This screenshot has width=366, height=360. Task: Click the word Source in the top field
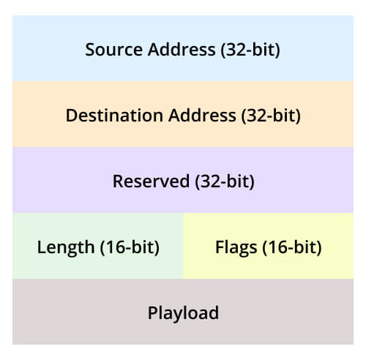[x=113, y=50]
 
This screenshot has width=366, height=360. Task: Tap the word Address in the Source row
[x=182, y=49]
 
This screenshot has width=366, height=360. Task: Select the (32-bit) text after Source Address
[x=250, y=50]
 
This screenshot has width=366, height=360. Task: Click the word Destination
[x=114, y=116]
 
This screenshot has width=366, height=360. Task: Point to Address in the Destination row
[x=202, y=115]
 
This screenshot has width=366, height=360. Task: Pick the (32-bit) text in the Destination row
[x=271, y=116]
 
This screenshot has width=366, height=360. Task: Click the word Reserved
[x=151, y=181]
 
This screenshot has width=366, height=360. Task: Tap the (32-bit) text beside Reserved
[x=225, y=181]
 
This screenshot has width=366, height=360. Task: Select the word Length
[x=66, y=248]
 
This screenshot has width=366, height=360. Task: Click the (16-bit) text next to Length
[x=130, y=247]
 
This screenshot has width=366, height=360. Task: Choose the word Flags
[x=236, y=248]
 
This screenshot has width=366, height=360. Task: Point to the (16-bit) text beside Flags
[x=292, y=247]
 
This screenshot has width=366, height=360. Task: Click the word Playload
[x=183, y=313]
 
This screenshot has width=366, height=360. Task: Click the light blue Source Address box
[x=183, y=48]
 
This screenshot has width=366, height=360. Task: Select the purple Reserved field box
[x=183, y=180]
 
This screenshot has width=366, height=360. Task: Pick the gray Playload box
[x=183, y=312]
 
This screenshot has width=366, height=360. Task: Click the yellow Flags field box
[x=268, y=246]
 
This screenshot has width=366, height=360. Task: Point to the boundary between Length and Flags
[x=183, y=246]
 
